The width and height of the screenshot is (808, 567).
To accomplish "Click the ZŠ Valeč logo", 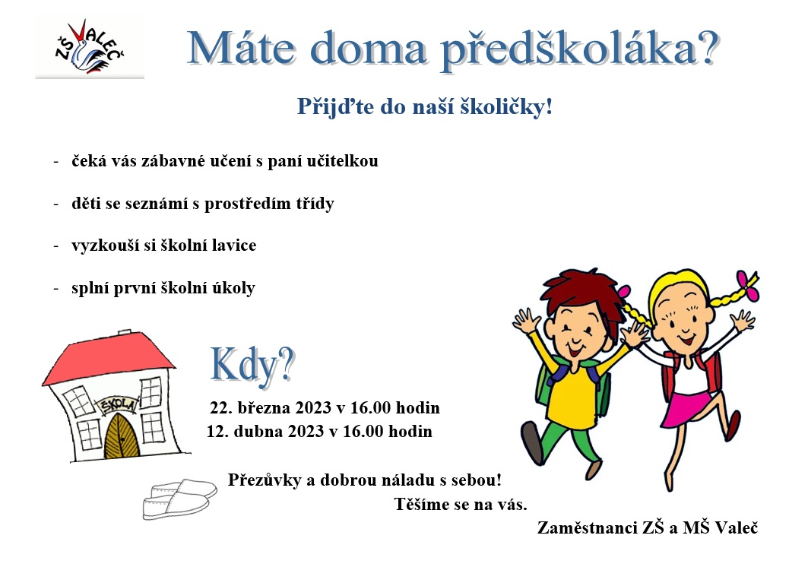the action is click(90, 47).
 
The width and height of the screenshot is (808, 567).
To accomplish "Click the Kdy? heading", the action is click(252, 364).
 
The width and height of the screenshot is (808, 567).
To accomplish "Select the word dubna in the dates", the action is click(258, 431).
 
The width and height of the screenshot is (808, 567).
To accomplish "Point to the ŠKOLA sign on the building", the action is click(118, 404).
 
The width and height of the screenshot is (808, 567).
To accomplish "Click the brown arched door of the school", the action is click(122, 437).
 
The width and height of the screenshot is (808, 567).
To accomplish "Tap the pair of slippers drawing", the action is click(179, 498).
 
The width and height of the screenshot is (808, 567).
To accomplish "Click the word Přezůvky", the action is click(265, 480).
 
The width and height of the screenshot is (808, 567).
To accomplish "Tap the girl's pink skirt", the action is click(688, 407).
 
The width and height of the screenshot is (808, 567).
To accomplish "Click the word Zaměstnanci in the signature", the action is click(588, 527).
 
